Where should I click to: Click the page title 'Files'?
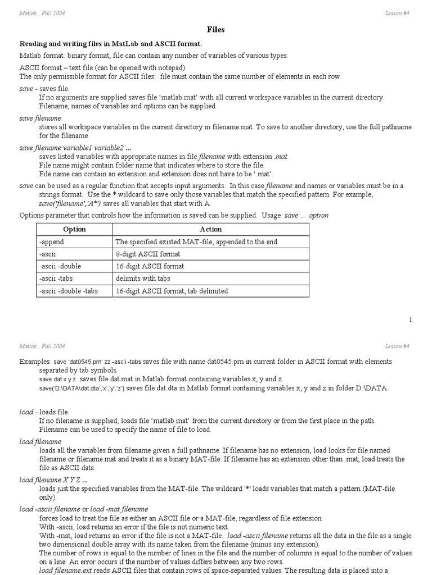pyautogui.click(x=216, y=30)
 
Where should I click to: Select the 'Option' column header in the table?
pyautogui.click(x=74, y=229)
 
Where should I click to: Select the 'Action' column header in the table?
pyautogui.click(x=211, y=229)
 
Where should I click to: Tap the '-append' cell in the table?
pyautogui.click(x=52, y=242)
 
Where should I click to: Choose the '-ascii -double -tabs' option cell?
pyautogui.click(x=69, y=291)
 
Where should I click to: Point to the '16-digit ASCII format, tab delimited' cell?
pyautogui.click(x=172, y=291)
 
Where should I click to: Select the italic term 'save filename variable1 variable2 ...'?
pyautogui.click(x=75, y=148)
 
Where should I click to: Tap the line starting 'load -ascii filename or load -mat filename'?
pyautogui.click(x=84, y=509)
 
